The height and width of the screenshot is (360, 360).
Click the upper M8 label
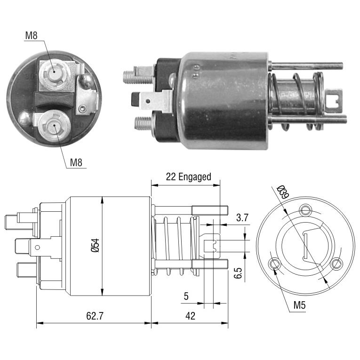[31, 35]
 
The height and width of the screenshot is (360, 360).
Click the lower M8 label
[76, 162]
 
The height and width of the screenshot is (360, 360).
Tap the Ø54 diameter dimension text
[95, 246]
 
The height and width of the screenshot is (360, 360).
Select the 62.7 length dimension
[95, 316]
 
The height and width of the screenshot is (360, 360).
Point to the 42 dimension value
[190, 316]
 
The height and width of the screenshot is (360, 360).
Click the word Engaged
[195, 177]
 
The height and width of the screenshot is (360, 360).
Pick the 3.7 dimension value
[242, 217]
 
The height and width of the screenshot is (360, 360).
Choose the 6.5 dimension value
[238, 273]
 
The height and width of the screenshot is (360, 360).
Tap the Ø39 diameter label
[282, 192]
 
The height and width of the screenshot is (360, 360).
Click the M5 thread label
[300, 305]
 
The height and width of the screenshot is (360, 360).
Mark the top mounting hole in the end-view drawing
[305, 209]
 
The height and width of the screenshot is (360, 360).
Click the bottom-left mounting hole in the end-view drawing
[275, 264]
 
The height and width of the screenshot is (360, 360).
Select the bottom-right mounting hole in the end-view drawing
[336, 264]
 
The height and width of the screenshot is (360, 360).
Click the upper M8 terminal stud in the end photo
[54, 72]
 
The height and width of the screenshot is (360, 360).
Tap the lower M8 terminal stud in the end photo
[54, 125]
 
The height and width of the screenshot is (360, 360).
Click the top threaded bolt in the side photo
[306, 66]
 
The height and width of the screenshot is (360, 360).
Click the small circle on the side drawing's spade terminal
[37, 247]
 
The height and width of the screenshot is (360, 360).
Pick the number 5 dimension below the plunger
[186, 296]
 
